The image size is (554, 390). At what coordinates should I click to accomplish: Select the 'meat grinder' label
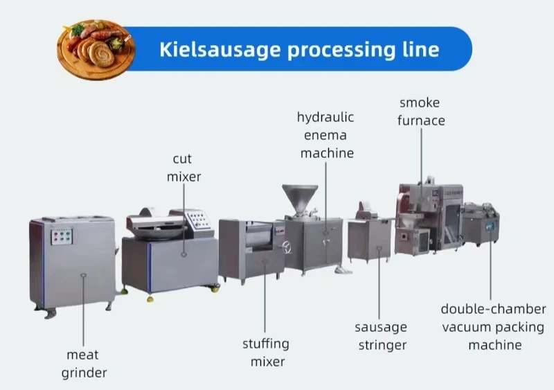point(84,364)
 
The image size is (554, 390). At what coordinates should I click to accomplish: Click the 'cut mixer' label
point(184,168)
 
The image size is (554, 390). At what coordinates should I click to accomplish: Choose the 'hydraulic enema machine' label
point(327,134)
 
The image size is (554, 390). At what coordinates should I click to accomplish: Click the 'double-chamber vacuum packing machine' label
point(493,326)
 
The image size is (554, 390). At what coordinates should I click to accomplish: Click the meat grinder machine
point(73,264)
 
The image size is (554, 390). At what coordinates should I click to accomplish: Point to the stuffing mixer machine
point(251,249)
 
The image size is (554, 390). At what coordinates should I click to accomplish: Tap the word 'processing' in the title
point(335,49)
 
